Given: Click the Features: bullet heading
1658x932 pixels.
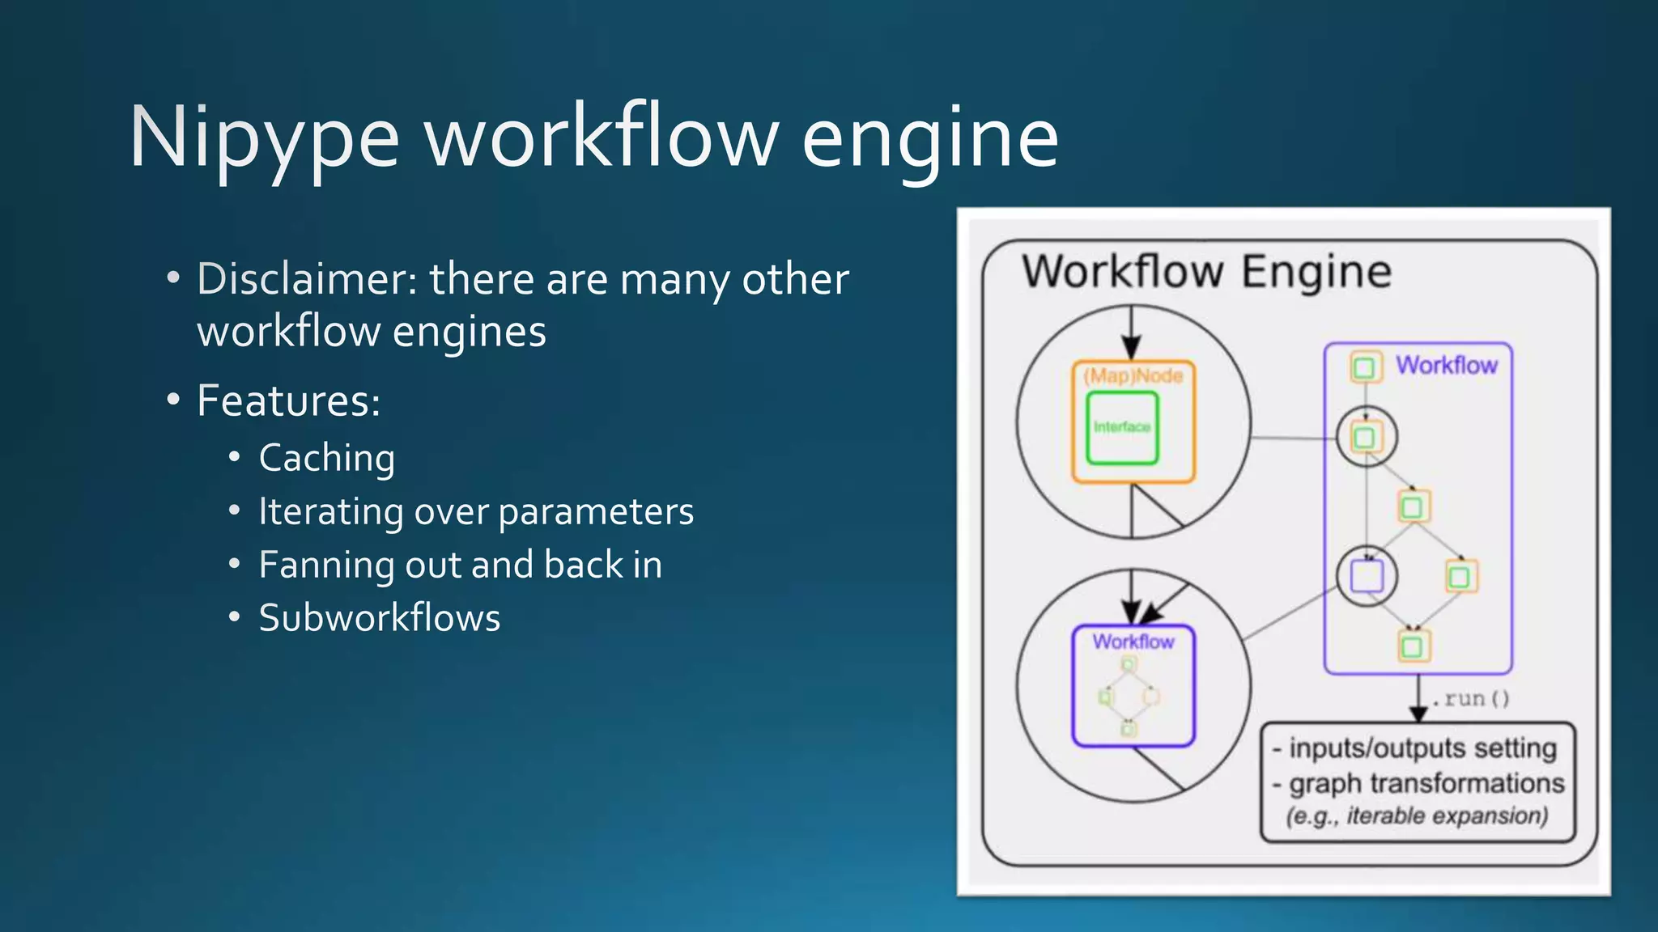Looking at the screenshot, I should tap(288, 400).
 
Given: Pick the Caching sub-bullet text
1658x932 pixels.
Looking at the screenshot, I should tap(327, 459).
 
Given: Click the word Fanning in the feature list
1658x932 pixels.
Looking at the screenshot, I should tap(325, 565).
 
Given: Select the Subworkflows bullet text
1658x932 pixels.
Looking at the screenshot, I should tap(380, 618).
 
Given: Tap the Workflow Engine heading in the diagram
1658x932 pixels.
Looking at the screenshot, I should tap(1206, 272).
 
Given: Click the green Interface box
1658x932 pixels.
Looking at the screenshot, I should tap(1122, 427).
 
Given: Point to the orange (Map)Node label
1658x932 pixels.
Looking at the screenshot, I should tap(1133, 375).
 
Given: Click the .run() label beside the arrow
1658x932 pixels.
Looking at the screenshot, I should tap(1470, 698).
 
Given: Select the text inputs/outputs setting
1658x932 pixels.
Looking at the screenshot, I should tap(1422, 748).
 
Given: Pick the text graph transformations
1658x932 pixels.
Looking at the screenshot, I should tap(1426, 783).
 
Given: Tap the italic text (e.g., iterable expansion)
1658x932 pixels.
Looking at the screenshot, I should tap(1418, 815).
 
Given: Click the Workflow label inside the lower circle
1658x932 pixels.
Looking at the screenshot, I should tap(1133, 642).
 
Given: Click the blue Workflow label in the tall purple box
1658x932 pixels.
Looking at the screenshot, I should tap(1446, 366).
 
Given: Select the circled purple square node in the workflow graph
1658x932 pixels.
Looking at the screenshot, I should tap(1367, 577).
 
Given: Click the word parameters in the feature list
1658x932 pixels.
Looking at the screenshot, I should tap(596, 511).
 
